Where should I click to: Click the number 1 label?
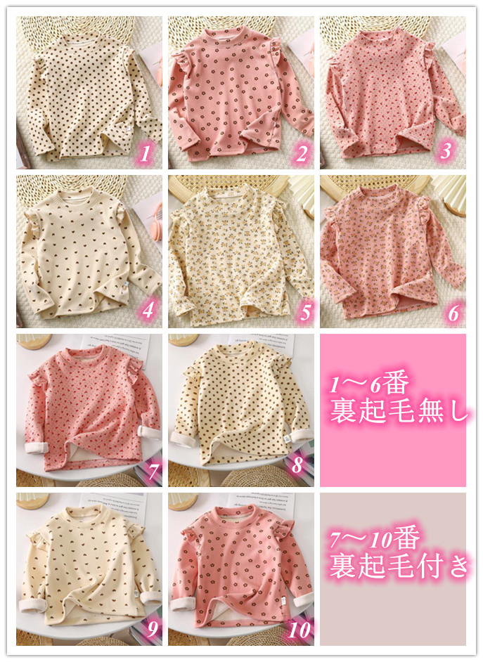(146, 154)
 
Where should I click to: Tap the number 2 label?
(302, 154)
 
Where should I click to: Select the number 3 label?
(446, 151)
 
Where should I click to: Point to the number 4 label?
(148, 311)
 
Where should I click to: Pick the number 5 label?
(305, 313)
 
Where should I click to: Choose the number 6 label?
(453, 313)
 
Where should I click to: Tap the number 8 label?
(297, 465)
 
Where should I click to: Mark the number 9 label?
(153, 630)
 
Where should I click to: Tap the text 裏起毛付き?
(399, 566)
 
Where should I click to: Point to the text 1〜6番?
(369, 384)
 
